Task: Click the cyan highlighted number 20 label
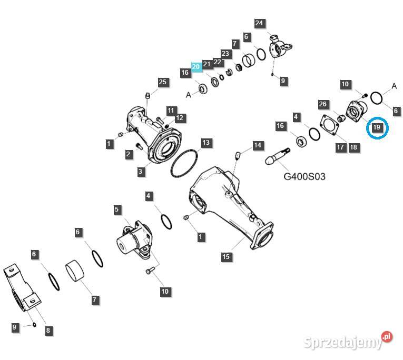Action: point(196,67)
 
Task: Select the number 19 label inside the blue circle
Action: point(376,127)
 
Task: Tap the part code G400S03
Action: point(304,176)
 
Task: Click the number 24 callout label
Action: point(259,23)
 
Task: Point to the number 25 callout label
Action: point(162,82)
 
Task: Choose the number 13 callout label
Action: point(205,143)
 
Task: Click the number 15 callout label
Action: point(226,257)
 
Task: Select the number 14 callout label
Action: point(257,145)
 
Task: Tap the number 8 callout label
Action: point(48,331)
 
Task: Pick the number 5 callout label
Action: point(117,209)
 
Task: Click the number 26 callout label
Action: point(323,104)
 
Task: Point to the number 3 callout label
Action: point(141,171)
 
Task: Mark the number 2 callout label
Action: point(129,154)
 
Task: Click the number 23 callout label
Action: point(225,54)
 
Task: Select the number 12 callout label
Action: point(180,118)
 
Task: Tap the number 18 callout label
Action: point(353,148)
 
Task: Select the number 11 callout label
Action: point(171,111)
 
